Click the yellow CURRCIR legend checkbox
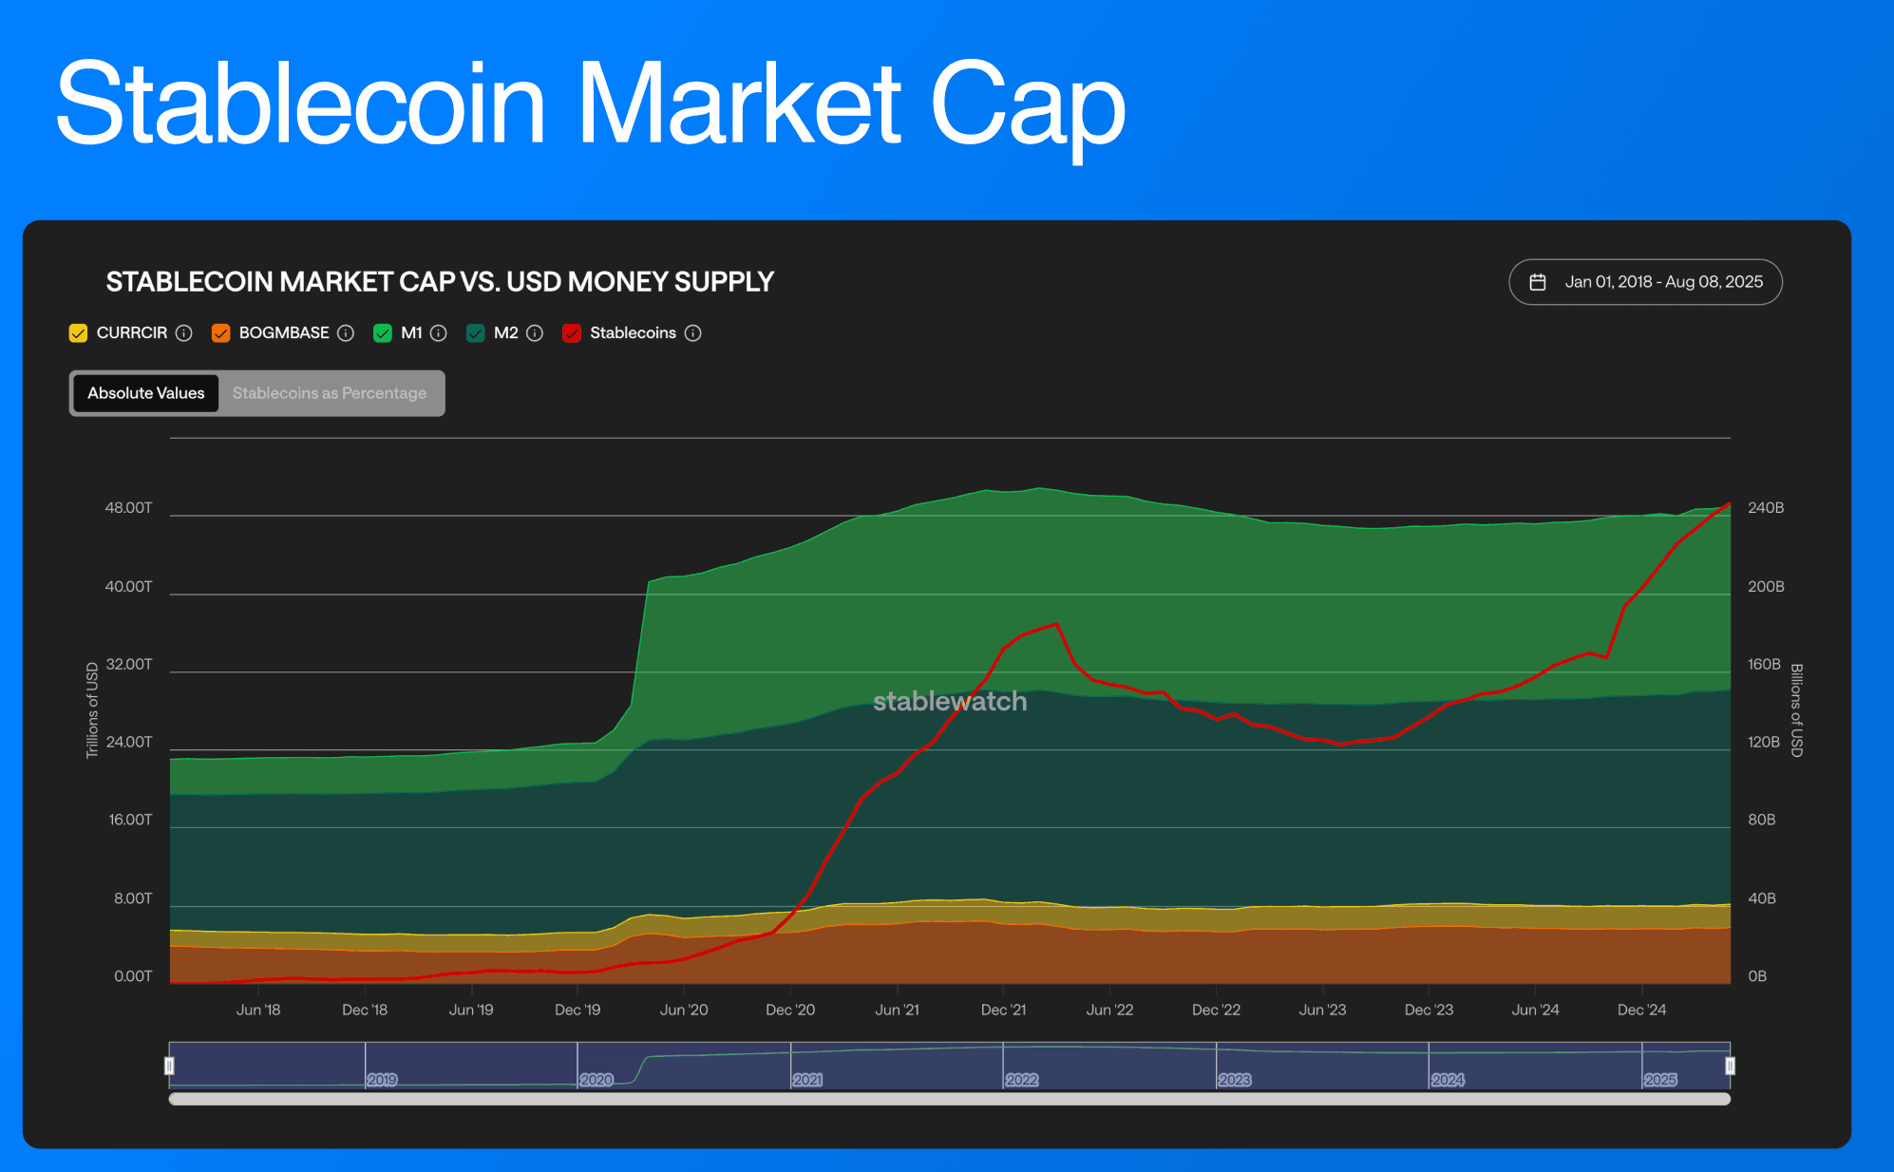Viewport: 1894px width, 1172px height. pyautogui.click(x=79, y=333)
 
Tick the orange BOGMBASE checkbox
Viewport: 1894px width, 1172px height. pyautogui.click(x=221, y=333)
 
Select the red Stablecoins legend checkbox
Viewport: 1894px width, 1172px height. pyautogui.click(x=572, y=333)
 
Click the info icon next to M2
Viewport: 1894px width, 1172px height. pyautogui.click(x=535, y=333)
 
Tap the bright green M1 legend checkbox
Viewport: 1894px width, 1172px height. pyautogui.click(x=383, y=333)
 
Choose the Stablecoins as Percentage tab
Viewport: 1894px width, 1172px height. pyautogui.click(x=330, y=393)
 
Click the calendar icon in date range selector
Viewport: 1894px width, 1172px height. pyautogui.click(x=1538, y=282)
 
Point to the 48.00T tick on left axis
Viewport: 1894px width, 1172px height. pyautogui.click(x=128, y=508)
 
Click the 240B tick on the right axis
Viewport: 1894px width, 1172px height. pyautogui.click(x=1766, y=508)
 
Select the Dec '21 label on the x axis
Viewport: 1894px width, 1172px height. pyautogui.click(x=1003, y=1010)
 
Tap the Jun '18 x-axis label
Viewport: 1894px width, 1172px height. pyautogui.click(x=258, y=1010)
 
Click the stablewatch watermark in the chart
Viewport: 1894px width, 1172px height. pyautogui.click(x=950, y=701)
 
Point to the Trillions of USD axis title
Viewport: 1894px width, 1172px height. pyautogui.click(x=92, y=709)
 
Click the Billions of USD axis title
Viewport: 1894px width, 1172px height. pyautogui.click(x=1796, y=709)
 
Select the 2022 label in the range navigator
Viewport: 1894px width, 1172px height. pyautogui.click(x=1022, y=1080)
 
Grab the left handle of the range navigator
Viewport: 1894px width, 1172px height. pyautogui.click(x=170, y=1066)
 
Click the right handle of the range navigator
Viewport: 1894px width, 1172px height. pyautogui.click(x=1730, y=1066)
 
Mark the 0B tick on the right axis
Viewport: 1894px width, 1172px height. pyautogui.click(x=1757, y=976)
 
